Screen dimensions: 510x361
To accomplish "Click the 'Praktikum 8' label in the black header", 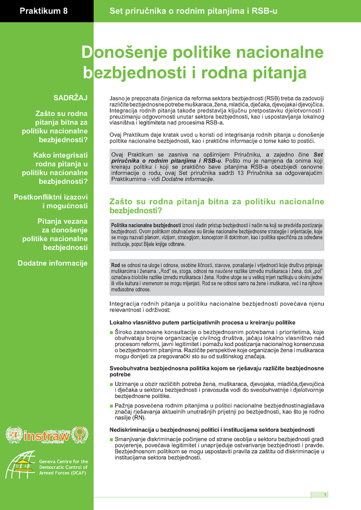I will (x=44, y=10).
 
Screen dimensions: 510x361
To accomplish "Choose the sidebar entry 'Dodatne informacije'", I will (x=52, y=263).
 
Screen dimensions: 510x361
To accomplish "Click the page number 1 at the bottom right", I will (x=325, y=495).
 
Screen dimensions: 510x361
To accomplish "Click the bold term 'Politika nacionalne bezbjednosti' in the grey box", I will (x=146, y=224).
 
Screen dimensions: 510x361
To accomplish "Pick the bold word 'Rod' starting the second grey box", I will (x=116, y=266).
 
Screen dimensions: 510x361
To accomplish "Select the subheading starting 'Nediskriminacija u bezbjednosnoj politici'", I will (x=208, y=430).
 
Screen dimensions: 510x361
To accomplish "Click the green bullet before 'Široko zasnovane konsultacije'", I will (x=111, y=333).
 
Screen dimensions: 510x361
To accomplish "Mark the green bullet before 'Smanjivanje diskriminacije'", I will (x=111, y=439).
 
